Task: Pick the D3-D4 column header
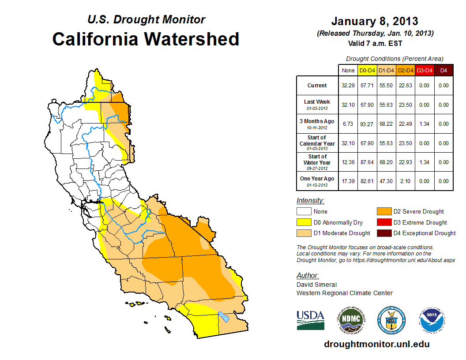424,70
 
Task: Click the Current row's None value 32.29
348,86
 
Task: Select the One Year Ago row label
317,181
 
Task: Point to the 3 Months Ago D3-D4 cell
424,124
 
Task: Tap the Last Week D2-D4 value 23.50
405,105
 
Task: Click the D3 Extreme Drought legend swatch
383,222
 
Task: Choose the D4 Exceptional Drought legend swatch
383,233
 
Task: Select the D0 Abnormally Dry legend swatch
304,222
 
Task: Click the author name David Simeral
316,285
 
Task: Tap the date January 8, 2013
375,21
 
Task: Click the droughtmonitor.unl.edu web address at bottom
376,344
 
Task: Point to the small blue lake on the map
224,317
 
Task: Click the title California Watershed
146,39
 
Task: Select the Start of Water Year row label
317,162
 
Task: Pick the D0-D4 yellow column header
367,70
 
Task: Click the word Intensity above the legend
310,200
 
